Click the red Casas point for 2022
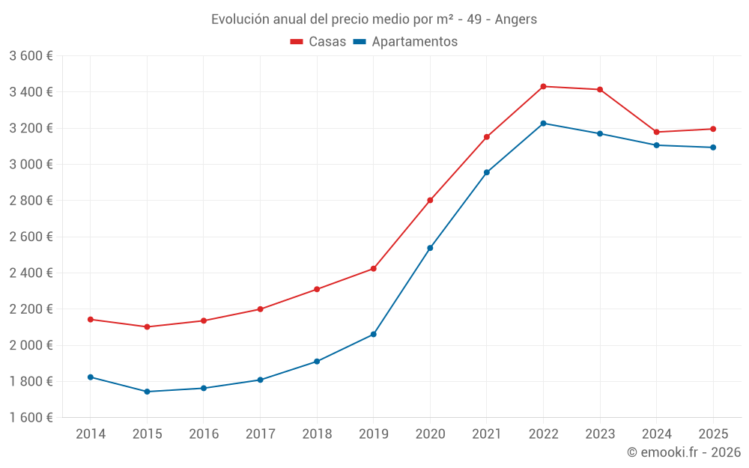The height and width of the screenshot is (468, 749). (x=543, y=87)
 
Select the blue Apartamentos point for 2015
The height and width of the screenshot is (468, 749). (x=147, y=392)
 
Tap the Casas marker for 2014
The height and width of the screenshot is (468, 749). (x=91, y=320)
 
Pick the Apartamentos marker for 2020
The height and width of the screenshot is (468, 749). (x=430, y=248)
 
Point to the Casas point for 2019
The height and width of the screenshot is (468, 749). (x=374, y=269)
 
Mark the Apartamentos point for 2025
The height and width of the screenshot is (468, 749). (x=713, y=148)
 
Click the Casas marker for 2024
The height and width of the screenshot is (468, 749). (x=657, y=133)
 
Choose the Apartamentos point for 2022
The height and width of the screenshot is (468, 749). (x=543, y=124)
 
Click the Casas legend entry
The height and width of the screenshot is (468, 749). (x=318, y=42)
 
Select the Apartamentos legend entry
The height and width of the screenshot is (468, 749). (x=405, y=42)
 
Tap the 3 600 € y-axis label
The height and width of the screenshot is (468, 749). (x=31, y=56)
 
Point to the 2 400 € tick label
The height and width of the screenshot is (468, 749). (x=31, y=273)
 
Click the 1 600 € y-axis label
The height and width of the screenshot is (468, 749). (x=31, y=418)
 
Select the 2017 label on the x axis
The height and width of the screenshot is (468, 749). (x=260, y=434)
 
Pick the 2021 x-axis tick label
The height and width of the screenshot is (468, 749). (x=487, y=434)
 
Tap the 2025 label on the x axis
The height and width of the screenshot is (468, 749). (x=713, y=434)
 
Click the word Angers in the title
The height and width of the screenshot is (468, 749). (x=517, y=19)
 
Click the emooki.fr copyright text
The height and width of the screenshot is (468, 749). (x=684, y=452)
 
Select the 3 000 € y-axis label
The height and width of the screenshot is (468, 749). (x=31, y=165)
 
